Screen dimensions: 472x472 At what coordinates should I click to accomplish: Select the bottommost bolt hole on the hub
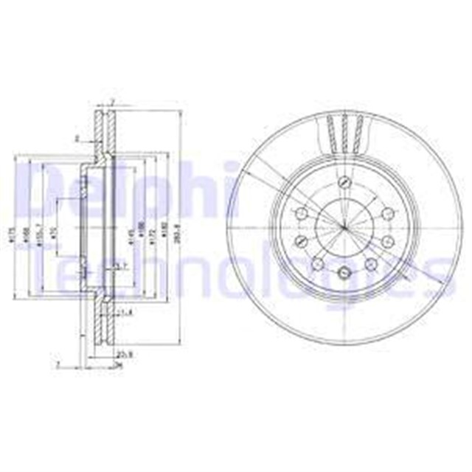(344, 274)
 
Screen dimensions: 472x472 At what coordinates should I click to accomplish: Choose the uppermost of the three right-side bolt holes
(386, 214)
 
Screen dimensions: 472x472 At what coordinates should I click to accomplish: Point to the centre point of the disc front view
(344, 228)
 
